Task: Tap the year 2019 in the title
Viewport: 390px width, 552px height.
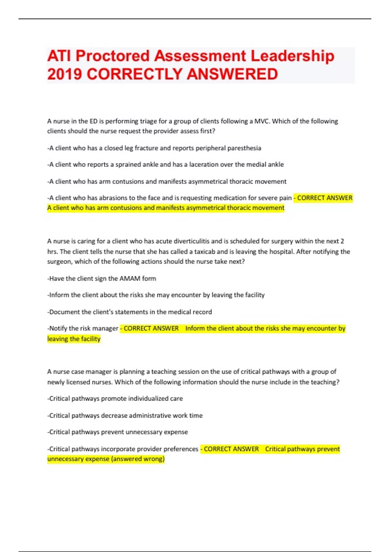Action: [x=64, y=74]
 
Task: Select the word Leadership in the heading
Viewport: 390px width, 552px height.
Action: [x=292, y=56]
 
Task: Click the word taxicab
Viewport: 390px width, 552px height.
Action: [x=204, y=252]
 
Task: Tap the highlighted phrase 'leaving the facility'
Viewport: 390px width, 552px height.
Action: [x=74, y=339]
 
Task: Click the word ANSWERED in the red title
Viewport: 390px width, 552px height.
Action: [x=232, y=74]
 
